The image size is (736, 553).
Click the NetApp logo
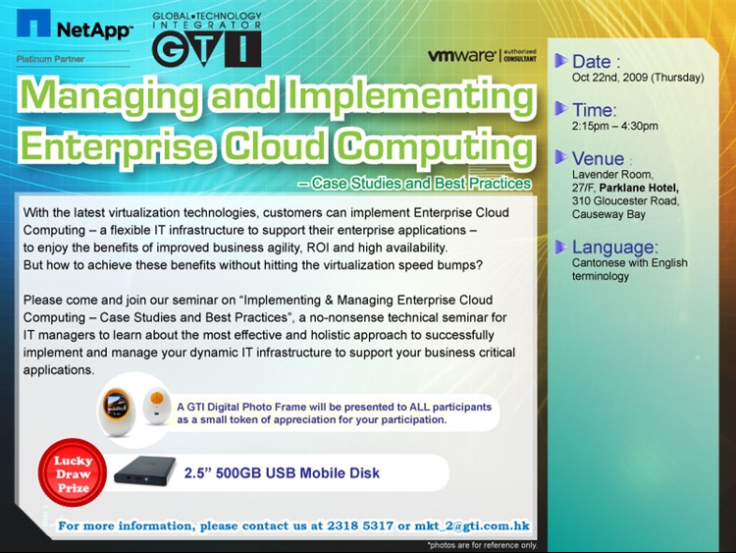point(75,25)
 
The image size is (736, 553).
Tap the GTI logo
point(206,39)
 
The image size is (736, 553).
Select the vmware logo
point(482,55)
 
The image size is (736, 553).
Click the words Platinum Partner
point(50,59)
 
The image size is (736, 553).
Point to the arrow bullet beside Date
point(561,61)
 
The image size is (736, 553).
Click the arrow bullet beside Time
point(561,109)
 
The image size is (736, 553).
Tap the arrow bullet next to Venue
point(561,157)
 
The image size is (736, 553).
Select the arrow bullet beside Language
point(561,247)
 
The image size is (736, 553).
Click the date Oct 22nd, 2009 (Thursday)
point(638,78)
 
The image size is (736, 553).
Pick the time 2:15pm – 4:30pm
point(615,126)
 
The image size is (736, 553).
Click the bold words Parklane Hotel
point(639,188)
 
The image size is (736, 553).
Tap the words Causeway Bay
point(608,215)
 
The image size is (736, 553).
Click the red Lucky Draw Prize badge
point(73,474)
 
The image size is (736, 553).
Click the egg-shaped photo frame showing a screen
point(117,411)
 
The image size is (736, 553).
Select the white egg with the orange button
point(157,405)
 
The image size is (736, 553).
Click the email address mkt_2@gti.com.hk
point(472,525)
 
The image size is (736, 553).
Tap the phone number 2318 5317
point(360,525)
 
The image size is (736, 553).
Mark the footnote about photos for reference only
point(482,545)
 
